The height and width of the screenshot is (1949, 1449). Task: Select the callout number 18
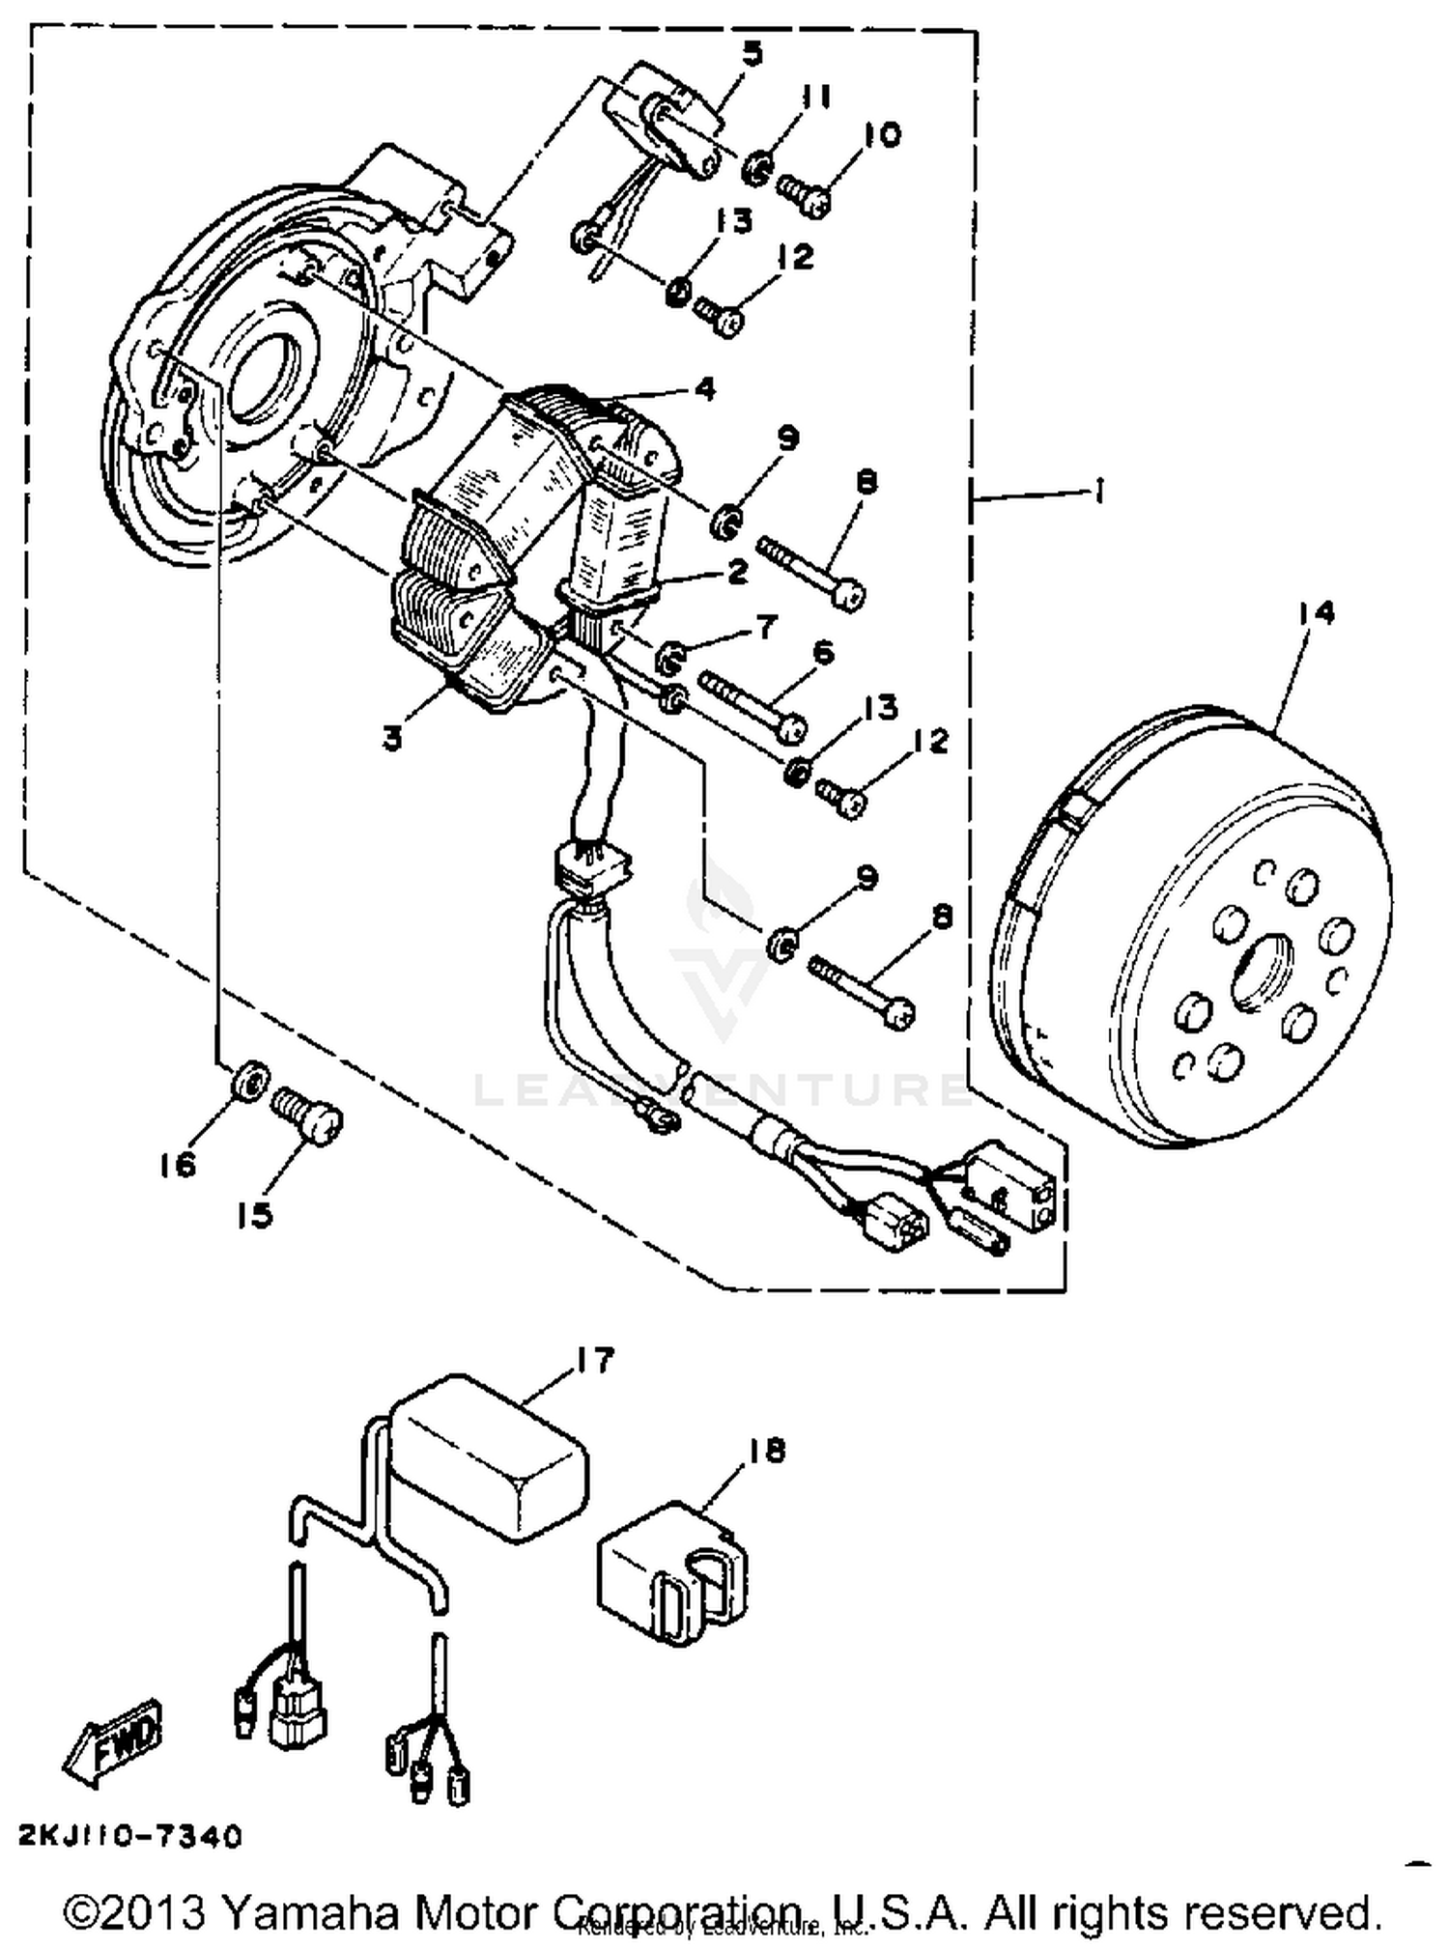pyautogui.click(x=766, y=1451)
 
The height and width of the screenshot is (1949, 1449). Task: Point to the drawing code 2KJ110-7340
pyautogui.click(x=129, y=1836)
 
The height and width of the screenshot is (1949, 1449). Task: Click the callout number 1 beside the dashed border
pyautogui.click(x=1099, y=493)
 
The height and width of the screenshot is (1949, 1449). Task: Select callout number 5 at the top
pyautogui.click(x=752, y=54)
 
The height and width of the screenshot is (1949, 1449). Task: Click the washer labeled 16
pyautogui.click(x=249, y=1079)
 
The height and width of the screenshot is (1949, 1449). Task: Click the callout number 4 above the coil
pyautogui.click(x=704, y=389)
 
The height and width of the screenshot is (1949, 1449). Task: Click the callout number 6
pyautogui.click(x=822, y=654)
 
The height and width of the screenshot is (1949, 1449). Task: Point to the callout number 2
pyautogui.click(x=736, y=572)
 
